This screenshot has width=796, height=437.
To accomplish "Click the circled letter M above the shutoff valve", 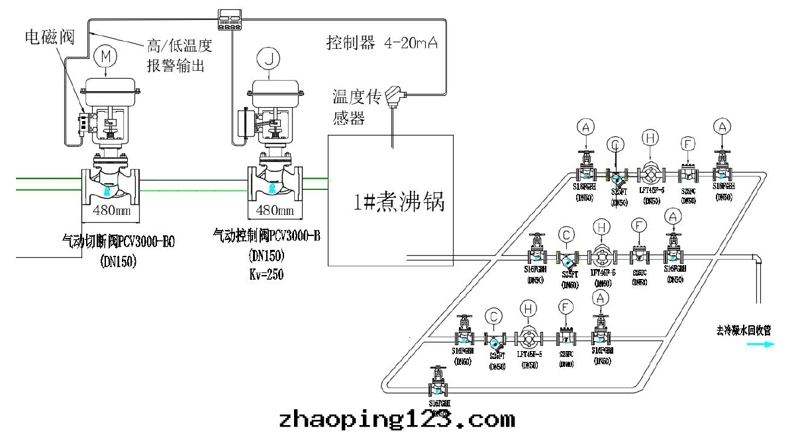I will tap(104, 57).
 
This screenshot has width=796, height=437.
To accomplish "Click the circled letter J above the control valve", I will tap(269, 60).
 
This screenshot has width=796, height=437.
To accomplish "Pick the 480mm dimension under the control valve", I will tap(274, 211).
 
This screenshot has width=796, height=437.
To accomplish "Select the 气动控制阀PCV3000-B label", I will tap(267, 235).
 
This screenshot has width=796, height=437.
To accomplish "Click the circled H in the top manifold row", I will tap(650, 138).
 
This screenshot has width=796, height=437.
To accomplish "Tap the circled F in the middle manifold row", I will tap(638, 226).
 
